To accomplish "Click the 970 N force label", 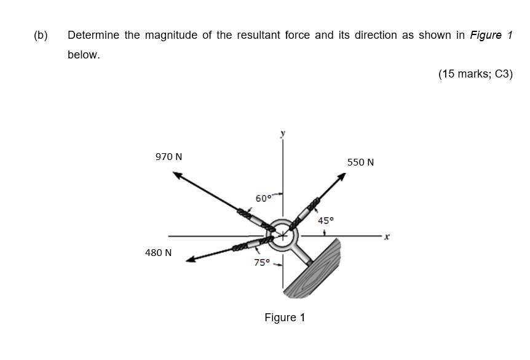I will click(x=168, y=157).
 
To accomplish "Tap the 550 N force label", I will click(x=360, y=162).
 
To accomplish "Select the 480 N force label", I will click(x=158, y=253).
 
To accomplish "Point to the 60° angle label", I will click(x=263, y=198).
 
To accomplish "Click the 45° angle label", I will click(x=325, y=220).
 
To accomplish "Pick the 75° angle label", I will click(x=262, y=263).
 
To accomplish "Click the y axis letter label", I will click(x=283, y=133).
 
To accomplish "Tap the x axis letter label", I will click(x=387, y=236).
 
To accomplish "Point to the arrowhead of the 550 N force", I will click(x=341, y=177).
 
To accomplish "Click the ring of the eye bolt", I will click(x=283, y=234).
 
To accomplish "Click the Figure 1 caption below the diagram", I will click(x=285, y=318).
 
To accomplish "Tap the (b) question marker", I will click(x=41, y=35).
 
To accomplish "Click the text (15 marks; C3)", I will click(x=475, y=74).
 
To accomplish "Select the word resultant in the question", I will click(x=258, y=35).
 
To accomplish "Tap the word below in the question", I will click(x=84, y=55).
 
